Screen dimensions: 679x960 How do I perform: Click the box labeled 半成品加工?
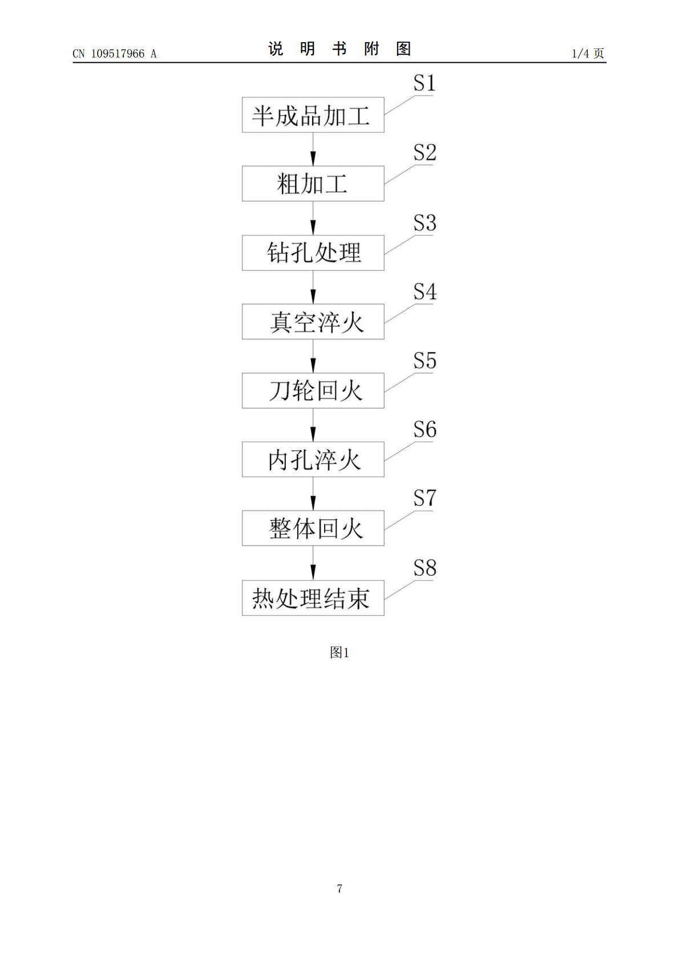click(x=313, y=115)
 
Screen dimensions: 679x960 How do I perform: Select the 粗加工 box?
click(x=313, y=184)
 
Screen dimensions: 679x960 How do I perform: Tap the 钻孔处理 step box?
click(x=313, y=253)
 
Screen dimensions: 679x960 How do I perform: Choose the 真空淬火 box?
click(x=313, y=322)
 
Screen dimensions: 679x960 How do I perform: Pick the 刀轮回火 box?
click(x=313, y=390)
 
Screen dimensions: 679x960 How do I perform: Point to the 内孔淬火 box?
click(x=313, y=459)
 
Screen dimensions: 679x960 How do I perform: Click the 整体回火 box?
click(x=313, y=528)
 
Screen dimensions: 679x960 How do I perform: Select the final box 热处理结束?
click(x=313, y=598)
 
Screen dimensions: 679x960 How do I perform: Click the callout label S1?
click(x=425, y=83)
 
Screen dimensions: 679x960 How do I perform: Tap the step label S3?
click(x=425, y=223)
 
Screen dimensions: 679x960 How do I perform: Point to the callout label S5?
click(x=425, y=360)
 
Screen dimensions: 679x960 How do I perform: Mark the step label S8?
click(x=425, y=568)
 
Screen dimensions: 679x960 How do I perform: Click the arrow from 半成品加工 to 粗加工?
click(x=313, y=149)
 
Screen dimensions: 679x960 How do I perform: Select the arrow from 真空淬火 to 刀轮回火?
click(x=313, y=356)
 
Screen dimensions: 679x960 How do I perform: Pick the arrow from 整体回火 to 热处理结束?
click(x=313, y=563)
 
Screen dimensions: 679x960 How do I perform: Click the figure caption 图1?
click(x=339, y=653)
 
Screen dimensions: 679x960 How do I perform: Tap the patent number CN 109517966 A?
click(x=115, y=54)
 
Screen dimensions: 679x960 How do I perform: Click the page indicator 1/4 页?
click(x=588, y=53)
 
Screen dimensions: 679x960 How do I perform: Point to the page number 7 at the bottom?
click(x=339, y=888)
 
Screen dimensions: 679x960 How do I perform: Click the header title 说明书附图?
click(x=339, y=48)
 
